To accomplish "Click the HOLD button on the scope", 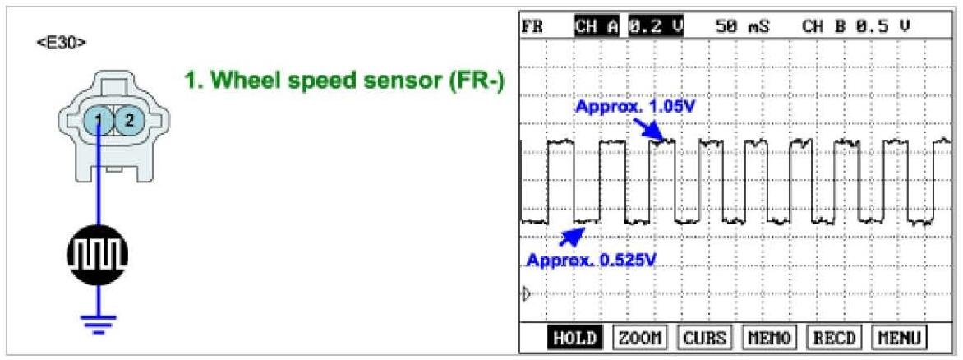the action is click(574, 338).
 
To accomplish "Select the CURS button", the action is click(704, 338).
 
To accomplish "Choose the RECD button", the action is click(834, 338).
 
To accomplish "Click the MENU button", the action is click(899, 338).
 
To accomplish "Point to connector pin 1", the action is click(98, 122).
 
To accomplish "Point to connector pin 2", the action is click(128, 122).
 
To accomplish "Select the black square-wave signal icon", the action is click(99, 256).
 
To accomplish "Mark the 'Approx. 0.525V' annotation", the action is click(592, 261).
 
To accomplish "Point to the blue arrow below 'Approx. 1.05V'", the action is click(649, 127).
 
